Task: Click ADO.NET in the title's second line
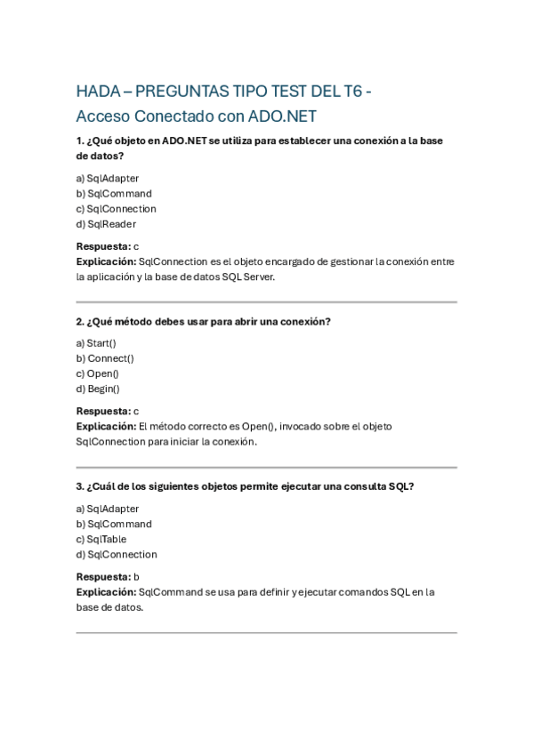(282, 116)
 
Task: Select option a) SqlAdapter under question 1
(108, 178)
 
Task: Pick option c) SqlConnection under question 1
(116, 209)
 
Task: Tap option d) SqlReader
(106, 224)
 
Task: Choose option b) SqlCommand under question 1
(114, 194)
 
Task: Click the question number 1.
(79, 140)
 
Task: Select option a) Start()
(96, 343)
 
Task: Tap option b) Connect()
(105, 358)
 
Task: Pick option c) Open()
(98, 373)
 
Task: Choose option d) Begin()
(98, 389)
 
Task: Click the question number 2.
(79, 321)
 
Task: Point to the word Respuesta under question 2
(102, 411)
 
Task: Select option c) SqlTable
(101, 539)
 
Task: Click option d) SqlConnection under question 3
(117, 554)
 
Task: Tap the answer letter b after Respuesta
(136, 576)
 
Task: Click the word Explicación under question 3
(106, 591)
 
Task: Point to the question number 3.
(79, 486)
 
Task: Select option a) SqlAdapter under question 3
(108, 509)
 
